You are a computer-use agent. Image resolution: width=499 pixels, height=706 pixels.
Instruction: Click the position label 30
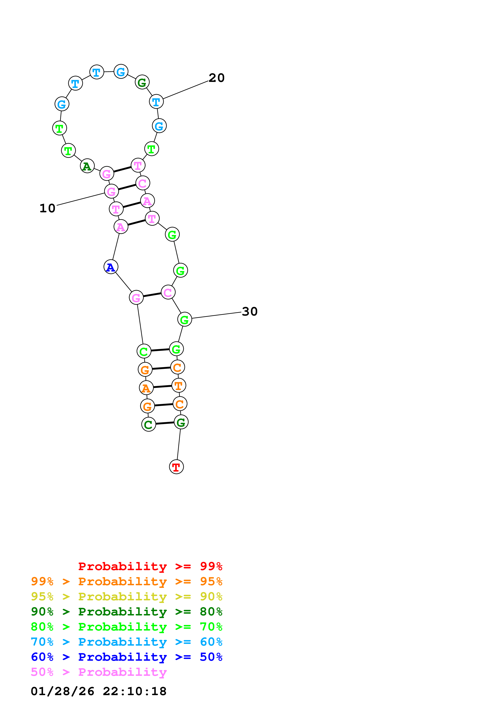coord(249,312)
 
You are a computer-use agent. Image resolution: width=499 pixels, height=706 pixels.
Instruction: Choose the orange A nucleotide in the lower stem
coord(146,388)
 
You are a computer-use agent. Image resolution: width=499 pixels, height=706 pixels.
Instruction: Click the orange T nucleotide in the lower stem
coord(179,386)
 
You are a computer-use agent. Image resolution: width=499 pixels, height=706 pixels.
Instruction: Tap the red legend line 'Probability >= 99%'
coord(150,566)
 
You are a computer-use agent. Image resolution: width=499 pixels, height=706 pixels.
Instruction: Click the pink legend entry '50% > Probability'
coord(99,672)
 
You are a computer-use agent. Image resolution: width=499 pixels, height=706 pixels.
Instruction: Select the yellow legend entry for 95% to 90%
coord(126,597)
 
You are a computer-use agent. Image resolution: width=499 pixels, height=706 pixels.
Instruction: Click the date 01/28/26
coord(62,692)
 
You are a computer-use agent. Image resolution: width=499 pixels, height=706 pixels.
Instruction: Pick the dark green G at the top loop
coord(142,82)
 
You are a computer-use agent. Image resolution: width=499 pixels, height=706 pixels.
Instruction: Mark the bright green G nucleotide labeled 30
coord(184,319)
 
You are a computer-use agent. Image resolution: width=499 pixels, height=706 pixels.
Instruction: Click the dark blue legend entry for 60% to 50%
coord(126,657)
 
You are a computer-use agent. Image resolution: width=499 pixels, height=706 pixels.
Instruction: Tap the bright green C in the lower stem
coord(144,351)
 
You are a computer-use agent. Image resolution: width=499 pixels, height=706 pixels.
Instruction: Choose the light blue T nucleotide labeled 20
coord(156,101)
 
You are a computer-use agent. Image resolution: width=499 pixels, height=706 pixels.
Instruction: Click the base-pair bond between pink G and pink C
coord(152,295)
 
